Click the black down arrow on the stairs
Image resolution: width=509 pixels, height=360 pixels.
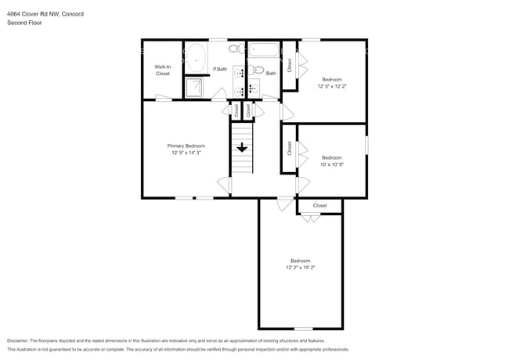[x=242, y=146]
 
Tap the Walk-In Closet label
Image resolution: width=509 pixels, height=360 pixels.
[x=163, y=70]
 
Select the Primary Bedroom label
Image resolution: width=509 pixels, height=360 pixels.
[x=186, y=146]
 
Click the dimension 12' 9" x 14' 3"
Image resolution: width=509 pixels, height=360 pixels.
[x=186, y=153]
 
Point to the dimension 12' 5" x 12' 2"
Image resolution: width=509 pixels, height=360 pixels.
[x=331, y=86]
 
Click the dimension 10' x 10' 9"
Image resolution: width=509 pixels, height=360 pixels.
[x=331, y=164]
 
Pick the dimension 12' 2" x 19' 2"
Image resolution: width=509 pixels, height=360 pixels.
[x=301, y=268]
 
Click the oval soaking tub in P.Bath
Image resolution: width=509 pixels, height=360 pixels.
[x=196, y=58]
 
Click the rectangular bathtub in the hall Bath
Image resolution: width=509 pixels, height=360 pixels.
[x=264, y=52]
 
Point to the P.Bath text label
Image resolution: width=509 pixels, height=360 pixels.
[x=220, y=70]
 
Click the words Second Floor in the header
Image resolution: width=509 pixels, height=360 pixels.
[x=23, y=23]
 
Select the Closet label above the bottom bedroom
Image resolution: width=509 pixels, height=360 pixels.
[x=319, y=205]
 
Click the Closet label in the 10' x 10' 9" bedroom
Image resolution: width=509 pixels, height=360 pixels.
[x=289, y=147]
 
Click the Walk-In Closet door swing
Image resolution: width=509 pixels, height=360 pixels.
[x=162, y=97]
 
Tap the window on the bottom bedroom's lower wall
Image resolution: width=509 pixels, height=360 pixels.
[x=302, y=329]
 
